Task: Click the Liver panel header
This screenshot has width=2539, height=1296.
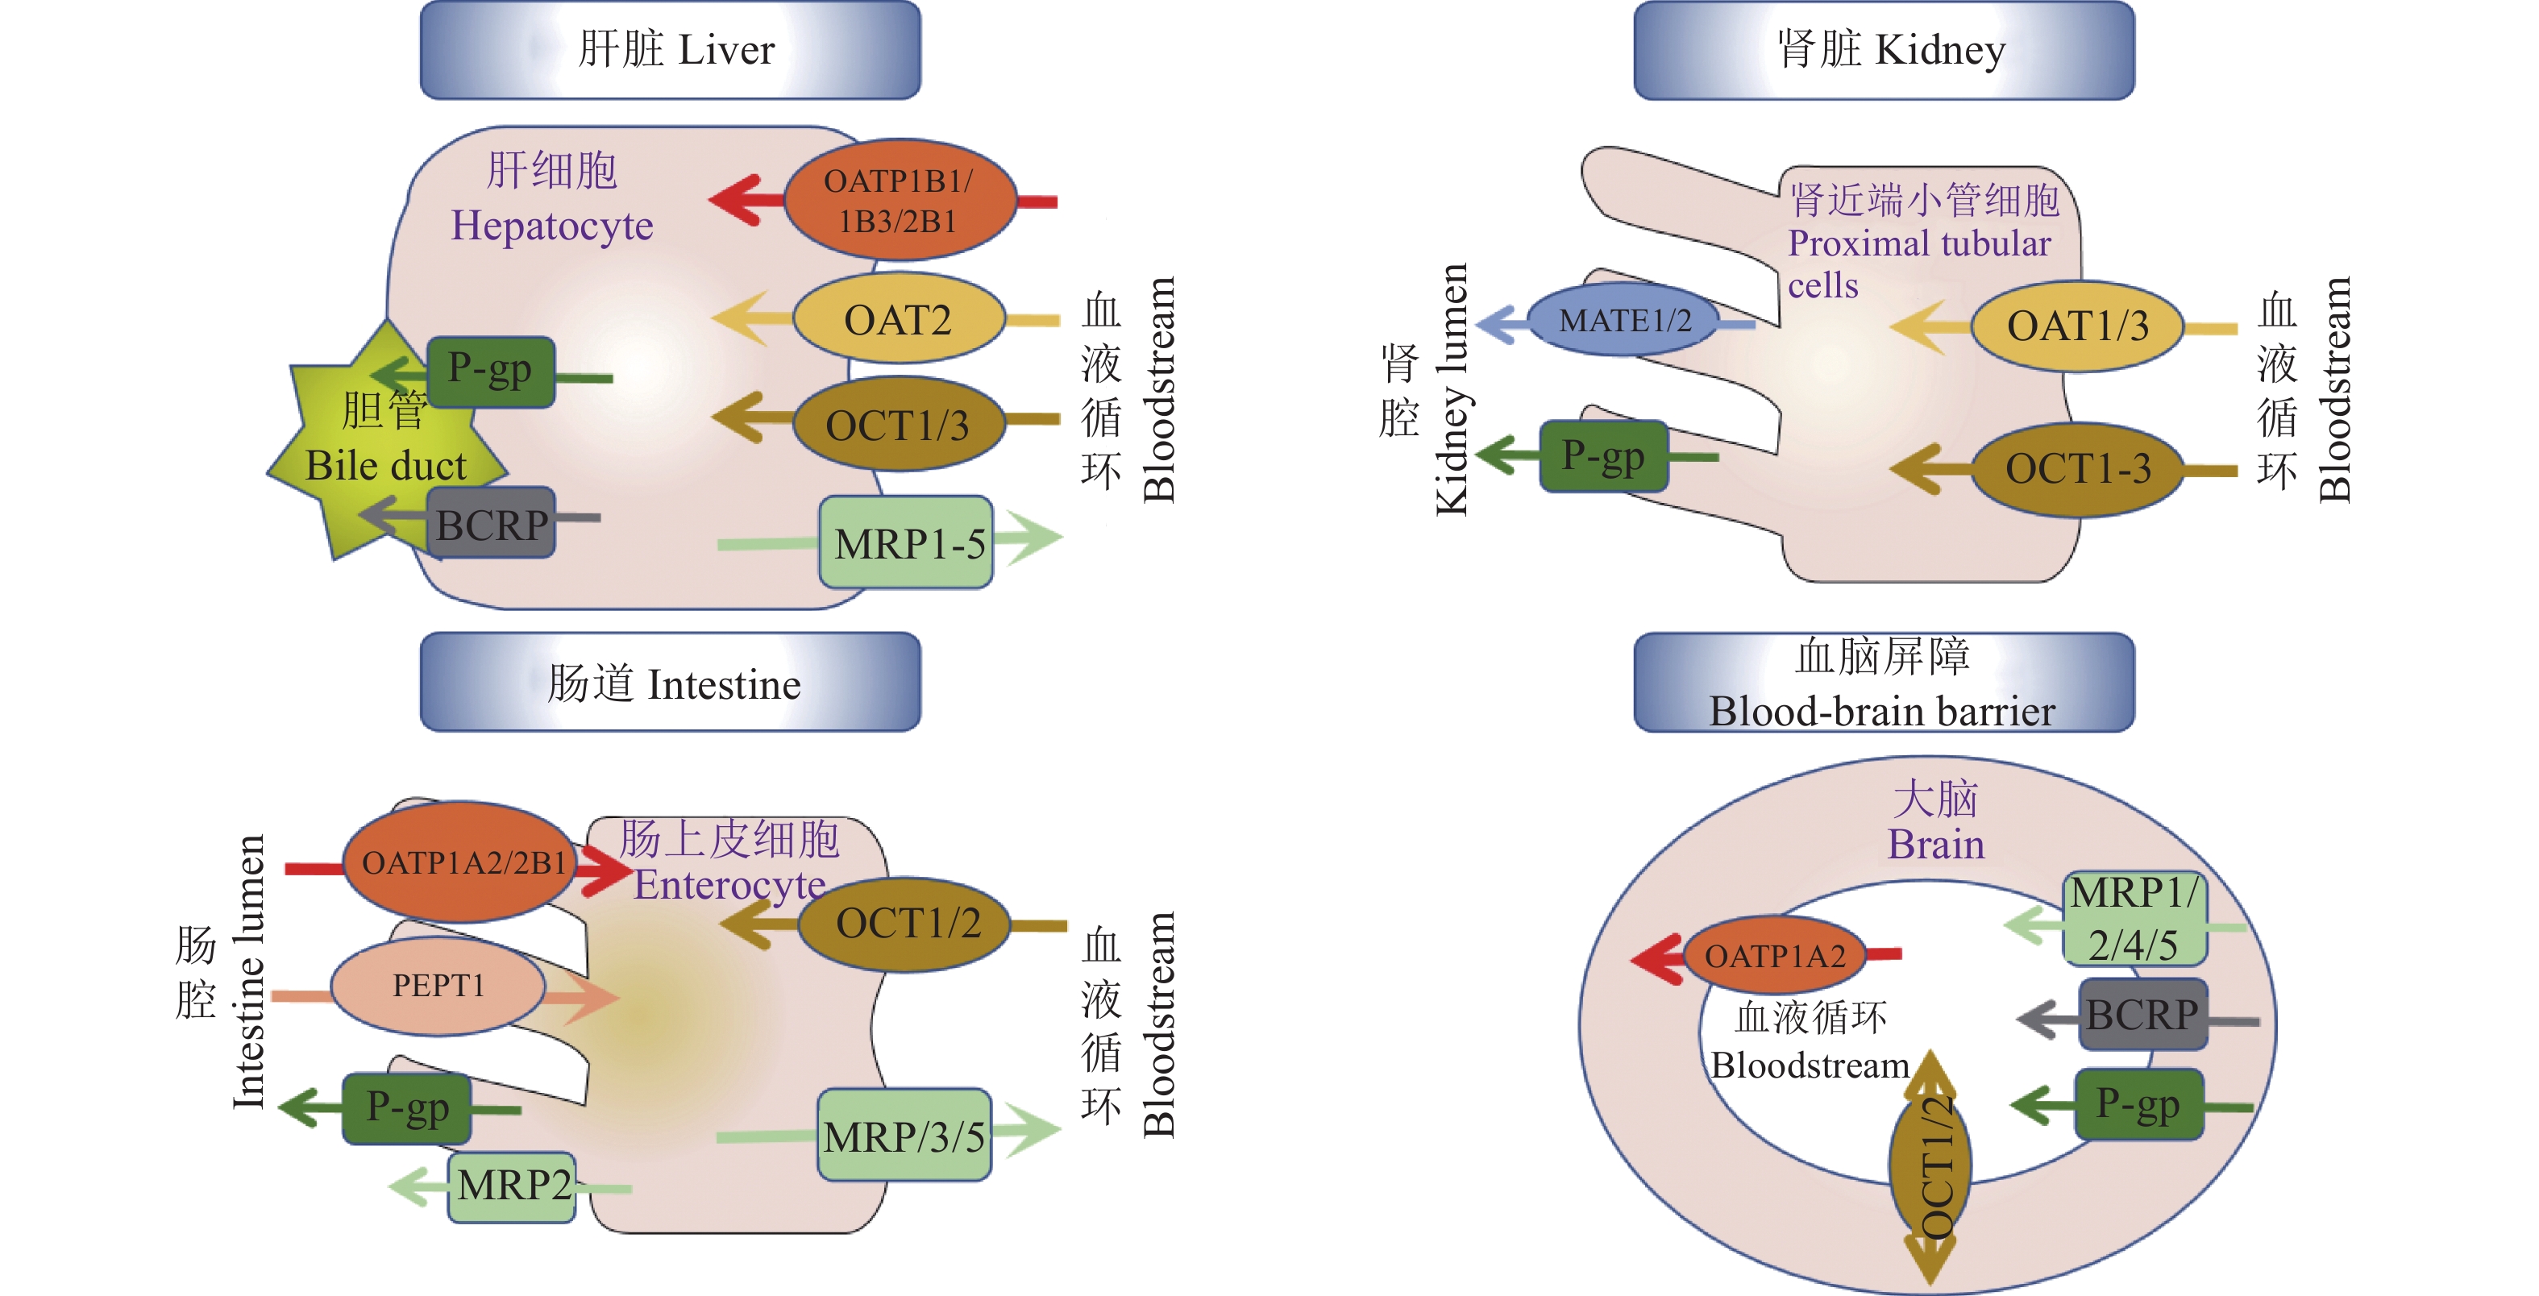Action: [x=671, y=49]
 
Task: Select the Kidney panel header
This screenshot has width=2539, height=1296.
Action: [x=1884, y=49]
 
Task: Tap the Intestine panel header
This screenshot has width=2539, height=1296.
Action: [x=671, y=682]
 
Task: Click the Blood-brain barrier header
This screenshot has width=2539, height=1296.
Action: [x=1884, y=682]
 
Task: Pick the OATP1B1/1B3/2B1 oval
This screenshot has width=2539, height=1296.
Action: [x=898, y=200]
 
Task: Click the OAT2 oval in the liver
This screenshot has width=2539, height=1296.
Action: [x=898, y=319]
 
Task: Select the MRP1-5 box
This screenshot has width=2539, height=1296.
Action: [x=906, y=543]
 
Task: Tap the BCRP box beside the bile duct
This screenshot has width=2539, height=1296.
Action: [x=491, y=523]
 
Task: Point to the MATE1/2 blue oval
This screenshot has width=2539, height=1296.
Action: [x=1623, y=320]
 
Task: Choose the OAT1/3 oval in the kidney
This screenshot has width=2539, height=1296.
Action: [x=2076, y=326]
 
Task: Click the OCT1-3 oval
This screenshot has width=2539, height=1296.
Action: [x=2076, y=469]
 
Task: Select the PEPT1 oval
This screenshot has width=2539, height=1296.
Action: [x=438, y=986]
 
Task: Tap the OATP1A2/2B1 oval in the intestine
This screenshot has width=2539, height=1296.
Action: [x=461, y=862]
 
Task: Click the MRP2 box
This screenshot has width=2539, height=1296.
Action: [x=512, y=1186]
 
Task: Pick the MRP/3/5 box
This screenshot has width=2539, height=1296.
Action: [x=904, y=1136]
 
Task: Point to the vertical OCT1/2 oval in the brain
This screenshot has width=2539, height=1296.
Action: [x=1930, y=1169]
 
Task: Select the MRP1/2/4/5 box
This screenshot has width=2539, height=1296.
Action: [x=2134, y=920]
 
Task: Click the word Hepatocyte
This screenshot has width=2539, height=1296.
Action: [x=552, y=226]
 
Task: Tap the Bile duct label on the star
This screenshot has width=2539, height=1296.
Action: [x=385, y=465]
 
